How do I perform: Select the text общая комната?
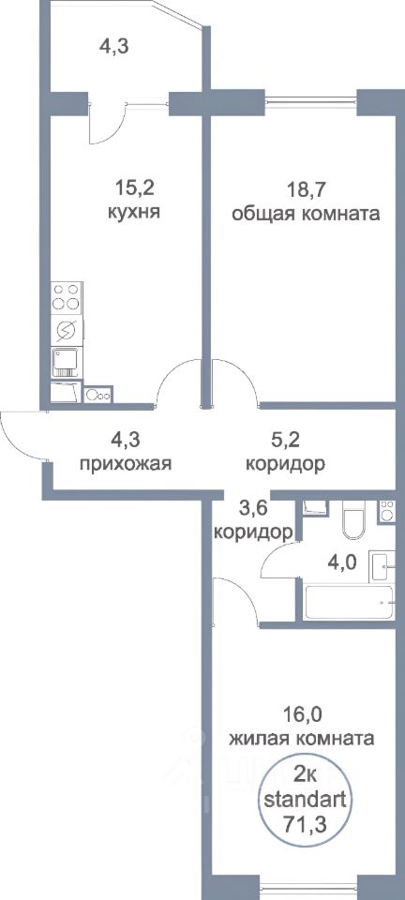(305, 213)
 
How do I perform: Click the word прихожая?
(127, 464)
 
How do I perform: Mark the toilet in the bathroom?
(354, 521)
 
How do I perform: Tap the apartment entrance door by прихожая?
(21, 433)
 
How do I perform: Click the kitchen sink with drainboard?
(67, 361)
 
